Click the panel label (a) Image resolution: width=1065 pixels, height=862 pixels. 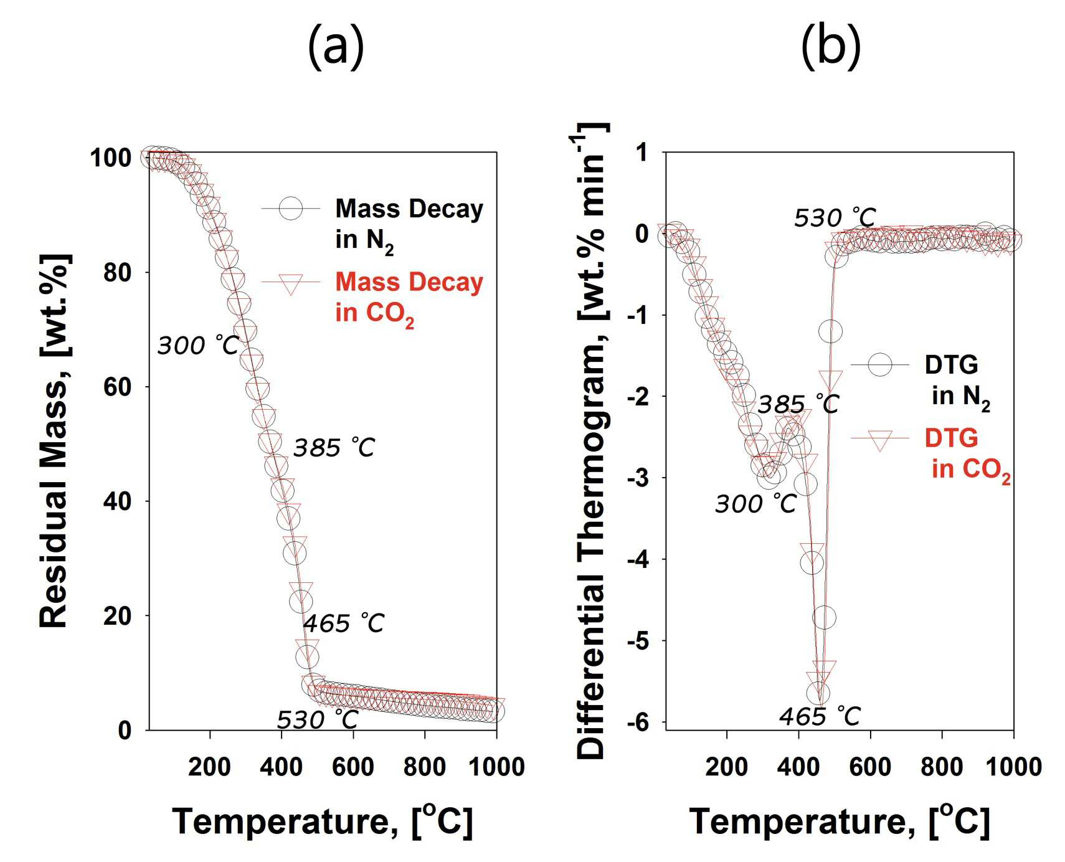pos(336,47)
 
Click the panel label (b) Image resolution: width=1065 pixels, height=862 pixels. pos(831,47)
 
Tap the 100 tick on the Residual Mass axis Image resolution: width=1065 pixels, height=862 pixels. pos(111,158)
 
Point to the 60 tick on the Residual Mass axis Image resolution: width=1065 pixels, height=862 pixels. pos(118,387)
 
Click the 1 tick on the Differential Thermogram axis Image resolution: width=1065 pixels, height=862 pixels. pos(641,152)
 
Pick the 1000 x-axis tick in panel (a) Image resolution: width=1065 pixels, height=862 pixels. pos(496,767)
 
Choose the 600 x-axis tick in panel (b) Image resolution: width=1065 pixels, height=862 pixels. pos(870,767)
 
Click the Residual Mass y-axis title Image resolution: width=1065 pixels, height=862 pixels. pos(54,441)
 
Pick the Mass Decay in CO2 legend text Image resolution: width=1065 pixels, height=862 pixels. pos(409,298)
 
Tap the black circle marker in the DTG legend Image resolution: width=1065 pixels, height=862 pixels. pos(880,366)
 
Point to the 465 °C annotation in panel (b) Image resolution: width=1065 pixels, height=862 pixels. pos(820,717)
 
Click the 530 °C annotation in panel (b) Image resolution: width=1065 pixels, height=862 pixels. pos(835,218)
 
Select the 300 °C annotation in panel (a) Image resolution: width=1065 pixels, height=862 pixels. pos(198,345)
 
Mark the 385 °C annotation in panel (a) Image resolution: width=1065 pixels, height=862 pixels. pos(334,448)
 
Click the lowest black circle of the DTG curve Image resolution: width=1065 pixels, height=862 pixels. pos(818,693)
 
